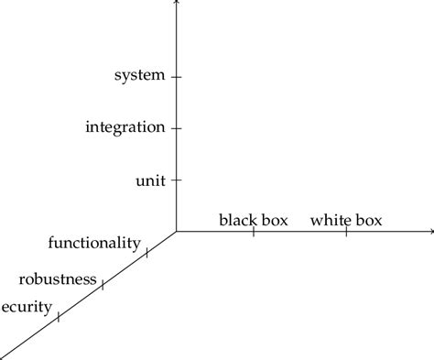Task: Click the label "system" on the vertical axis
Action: pyautogui.click(x=139, y=75)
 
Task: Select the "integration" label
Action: pyautogui.click(x=125, y=126)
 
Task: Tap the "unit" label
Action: pyautogui.click(x=150, y=180)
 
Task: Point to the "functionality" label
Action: pyautogui.click(x=94, y=243)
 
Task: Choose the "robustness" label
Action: pyautogui.click(x=58, y=278)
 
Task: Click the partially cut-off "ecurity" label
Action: pyautogui.click(x=27, y=307)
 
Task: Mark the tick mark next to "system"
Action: pyautogui.click(x=176, y=77)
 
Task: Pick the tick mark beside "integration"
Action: pyautogui.click(x=176, y=128)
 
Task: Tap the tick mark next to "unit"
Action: pyautogui.click(x=176, y=180)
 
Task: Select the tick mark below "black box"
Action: pyautogui.click(x=254, y=232)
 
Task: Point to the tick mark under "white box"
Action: pyautogui.click(x=346, y=232)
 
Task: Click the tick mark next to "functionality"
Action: pyautogui.click(x=146, y=251)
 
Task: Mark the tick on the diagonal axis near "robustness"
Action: pyautogui.click(x=103, y=285)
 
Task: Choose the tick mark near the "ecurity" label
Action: pyautogui.click(x=59, y=317)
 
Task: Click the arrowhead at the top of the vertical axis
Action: pyautogui.click(x=176, y=3)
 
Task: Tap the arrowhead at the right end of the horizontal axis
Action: pyautogui.click(x=430, y=232)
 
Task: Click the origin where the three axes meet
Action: pyautogui.click(x=176, y=232)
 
